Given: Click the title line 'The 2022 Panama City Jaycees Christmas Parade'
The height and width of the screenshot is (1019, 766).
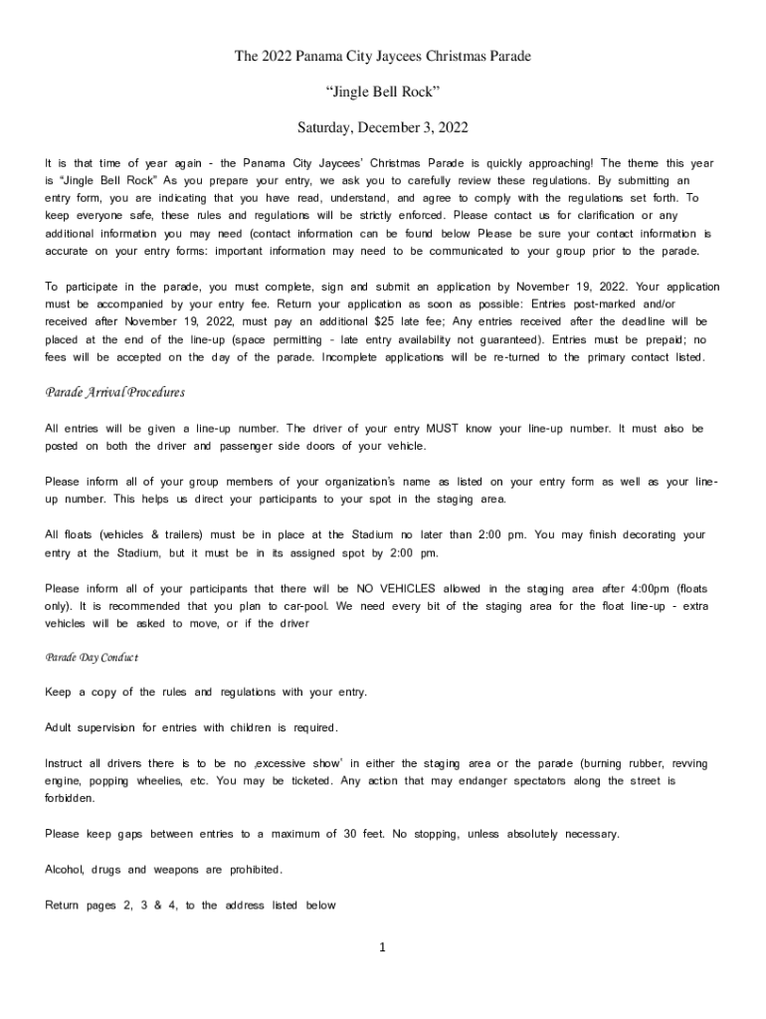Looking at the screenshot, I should point(383,57).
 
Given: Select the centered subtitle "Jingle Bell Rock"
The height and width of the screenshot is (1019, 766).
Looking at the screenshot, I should point(383,93).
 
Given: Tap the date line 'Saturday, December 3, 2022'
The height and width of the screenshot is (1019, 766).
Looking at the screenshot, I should point(383,128).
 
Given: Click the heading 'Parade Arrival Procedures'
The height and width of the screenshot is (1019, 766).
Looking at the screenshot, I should point(115,392).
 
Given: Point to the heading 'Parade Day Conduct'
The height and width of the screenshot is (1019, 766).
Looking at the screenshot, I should point(92,658).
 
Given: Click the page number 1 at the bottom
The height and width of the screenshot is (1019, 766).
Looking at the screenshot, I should point(382,946).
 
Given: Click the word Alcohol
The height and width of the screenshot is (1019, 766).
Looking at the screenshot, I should point(65,870).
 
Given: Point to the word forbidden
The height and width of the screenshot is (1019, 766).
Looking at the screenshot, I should point(71,798).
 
